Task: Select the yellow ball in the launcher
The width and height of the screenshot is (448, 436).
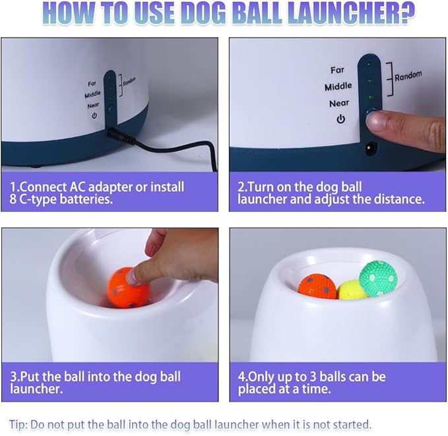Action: click(x=350, y=290)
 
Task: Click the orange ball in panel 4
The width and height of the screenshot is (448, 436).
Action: click(x=318, y=286)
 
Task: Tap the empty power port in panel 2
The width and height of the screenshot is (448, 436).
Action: click(x=371, y=148)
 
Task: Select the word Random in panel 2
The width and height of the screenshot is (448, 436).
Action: click(x=408, y=76)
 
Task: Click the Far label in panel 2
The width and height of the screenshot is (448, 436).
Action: click(x=337, y=70)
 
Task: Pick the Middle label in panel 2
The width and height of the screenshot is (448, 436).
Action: click(x=338, y=86)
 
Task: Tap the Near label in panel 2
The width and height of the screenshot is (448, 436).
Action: click(x=339, y=103)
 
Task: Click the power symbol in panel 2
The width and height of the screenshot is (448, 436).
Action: click(x=340, y=119)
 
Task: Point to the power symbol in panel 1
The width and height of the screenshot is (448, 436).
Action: click(x=94, y=115)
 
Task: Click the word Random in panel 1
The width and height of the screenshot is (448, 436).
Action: click(x=129, y=81)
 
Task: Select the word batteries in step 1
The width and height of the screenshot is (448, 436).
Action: click(x=86, y=199)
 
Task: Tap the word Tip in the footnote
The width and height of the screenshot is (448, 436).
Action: click(x=18, y=425)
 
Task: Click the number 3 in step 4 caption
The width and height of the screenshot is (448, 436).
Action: click(x=313, y=377)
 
